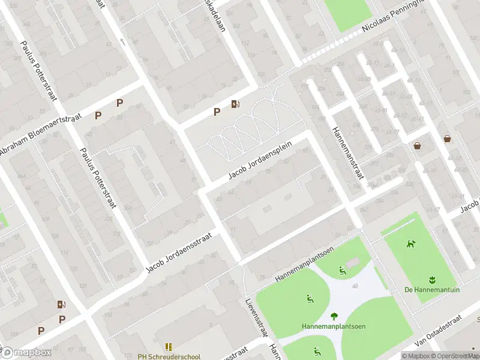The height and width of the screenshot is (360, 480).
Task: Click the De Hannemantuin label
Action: point(432,290)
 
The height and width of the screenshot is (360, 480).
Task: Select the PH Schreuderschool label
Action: point(169,356)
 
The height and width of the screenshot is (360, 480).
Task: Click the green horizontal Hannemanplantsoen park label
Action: point(334,327)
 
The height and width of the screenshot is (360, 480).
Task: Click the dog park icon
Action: point(412,244)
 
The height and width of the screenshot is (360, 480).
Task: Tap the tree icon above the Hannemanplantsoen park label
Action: point(334,317)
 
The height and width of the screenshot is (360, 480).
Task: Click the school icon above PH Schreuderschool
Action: point(169,347)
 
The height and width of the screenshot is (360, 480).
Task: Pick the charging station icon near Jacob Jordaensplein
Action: point(236,104)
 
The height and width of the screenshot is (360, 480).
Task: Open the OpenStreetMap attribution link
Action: point(455,356)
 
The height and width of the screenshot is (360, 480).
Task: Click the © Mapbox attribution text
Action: point(415,356)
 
